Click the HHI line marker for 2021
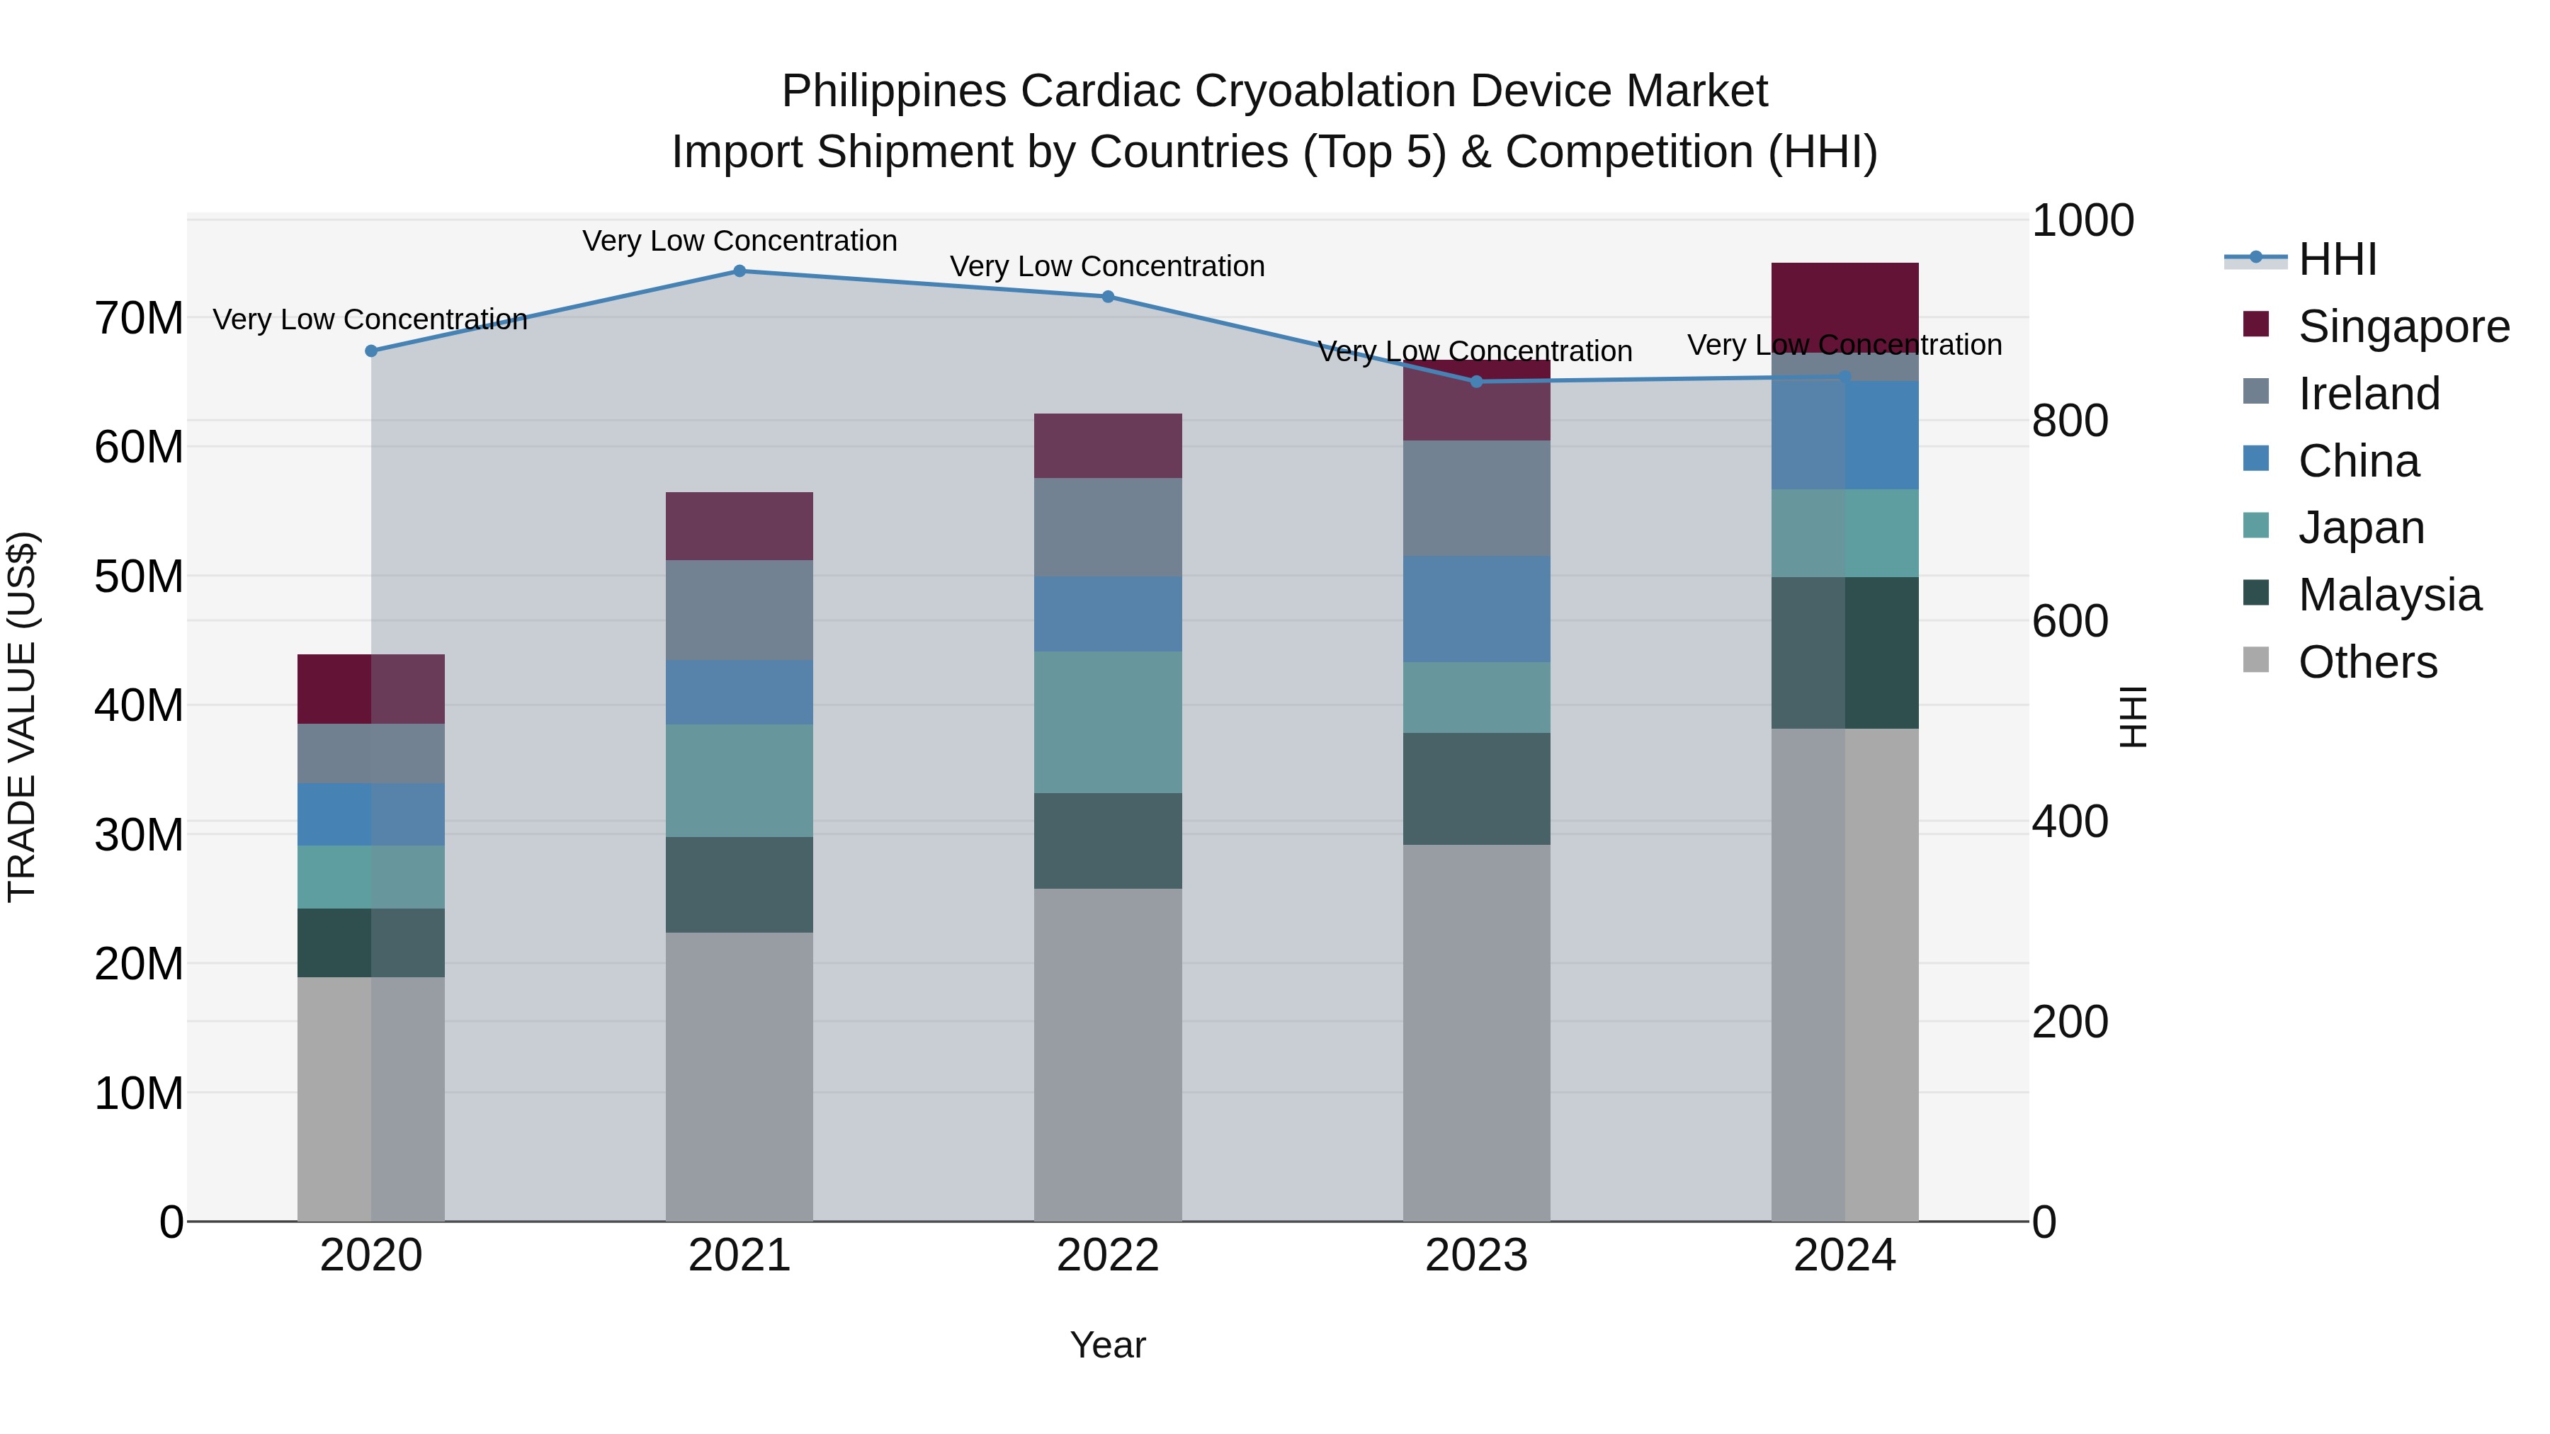[739, 271]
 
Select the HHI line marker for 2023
[1476, 381]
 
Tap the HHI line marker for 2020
[371, 351]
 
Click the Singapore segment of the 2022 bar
[1108, 445]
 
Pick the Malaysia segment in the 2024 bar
[1844, 653]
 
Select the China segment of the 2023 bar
[1476, 608]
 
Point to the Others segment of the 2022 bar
[1108, 1054]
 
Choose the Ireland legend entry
[2368, 394]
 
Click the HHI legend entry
[2336, 259]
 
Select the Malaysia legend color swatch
[2256, 592]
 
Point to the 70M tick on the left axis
[139, 319]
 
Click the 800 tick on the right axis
[2070, 421]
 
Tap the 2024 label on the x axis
[1844, 1256]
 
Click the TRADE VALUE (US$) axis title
[22, 717]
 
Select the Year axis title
[1108, 1345]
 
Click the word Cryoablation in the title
[1327, 91]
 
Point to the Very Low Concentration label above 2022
[1108, 266]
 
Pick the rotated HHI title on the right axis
[2133, 717]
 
